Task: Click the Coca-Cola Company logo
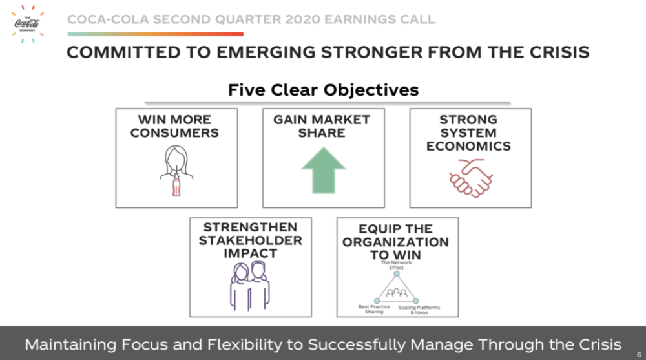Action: (x=27, y=23)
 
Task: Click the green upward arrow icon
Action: (x=324, y=171)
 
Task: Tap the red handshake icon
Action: (x=471, y=178)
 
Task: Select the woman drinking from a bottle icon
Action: (x=176, y=171)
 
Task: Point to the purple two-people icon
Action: (x=250, y=286)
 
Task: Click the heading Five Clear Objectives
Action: (x=324, y=90)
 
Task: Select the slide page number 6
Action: (x=639, y=355)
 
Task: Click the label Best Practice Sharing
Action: (x=374, y=310)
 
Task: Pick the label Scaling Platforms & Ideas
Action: (x=419, y=310)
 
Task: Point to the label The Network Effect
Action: (x=397, y=265)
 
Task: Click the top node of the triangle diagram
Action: (x=397, y=273)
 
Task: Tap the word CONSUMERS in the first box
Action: (x=174, y=132)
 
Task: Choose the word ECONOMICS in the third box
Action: (x=468, y=146)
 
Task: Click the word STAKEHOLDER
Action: (x=251, y=240)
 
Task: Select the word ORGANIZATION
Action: (x=395, y=242)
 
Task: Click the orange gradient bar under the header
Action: (x=155, y=34)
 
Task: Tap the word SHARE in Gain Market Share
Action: (x=322, y=132)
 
